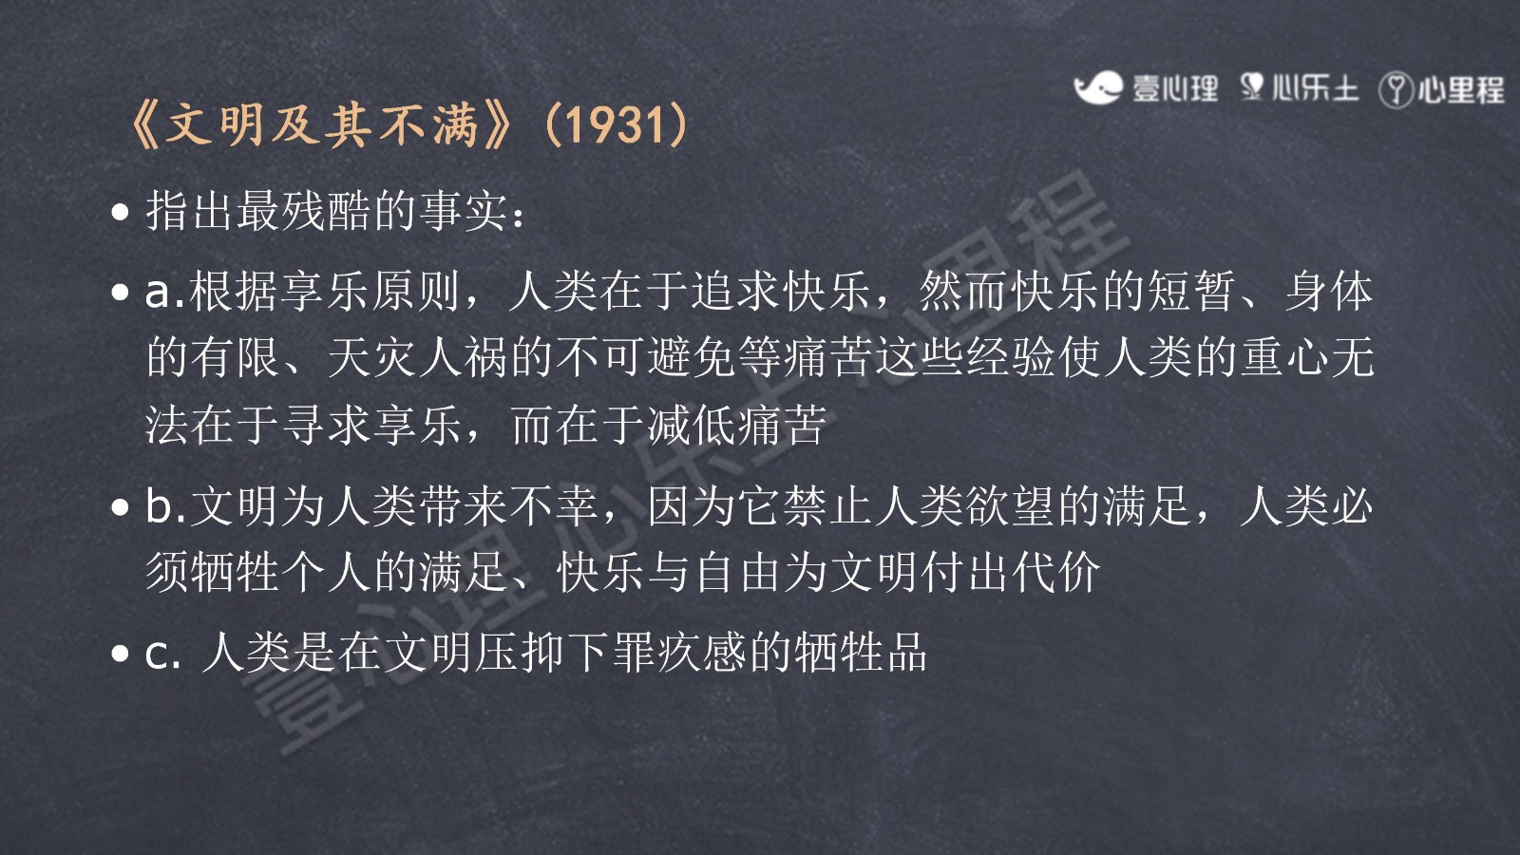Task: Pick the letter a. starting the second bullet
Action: tap(165, 293)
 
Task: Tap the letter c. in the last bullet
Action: tap(162, 655)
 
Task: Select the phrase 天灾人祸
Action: tap(418, 357)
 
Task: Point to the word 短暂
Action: tap(1192, 292)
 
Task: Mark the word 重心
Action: tap(1283, 357)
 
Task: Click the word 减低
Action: tap(693, 426)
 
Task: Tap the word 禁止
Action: tap(827, 506)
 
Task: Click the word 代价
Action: tap(1055, 572)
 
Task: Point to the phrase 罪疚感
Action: tap(678, 653)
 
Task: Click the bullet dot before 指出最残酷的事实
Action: tap(120, 213)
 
